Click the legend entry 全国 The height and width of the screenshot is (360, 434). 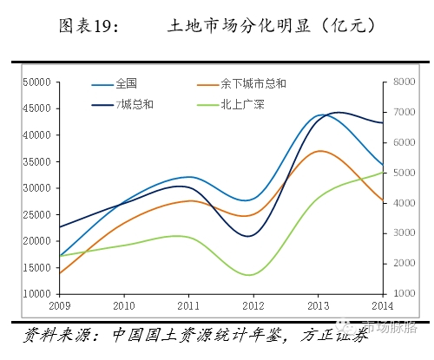tap(126, 84)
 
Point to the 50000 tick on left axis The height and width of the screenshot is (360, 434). tap(36, 82)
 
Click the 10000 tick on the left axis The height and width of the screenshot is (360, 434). tap(36, 293)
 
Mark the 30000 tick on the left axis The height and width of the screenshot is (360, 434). tap(36, 188)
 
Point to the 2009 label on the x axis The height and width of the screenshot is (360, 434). tap(58, 305)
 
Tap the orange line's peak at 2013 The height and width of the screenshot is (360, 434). tap(321, 151)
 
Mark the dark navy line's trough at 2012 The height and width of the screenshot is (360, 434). tap(249, 236)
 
